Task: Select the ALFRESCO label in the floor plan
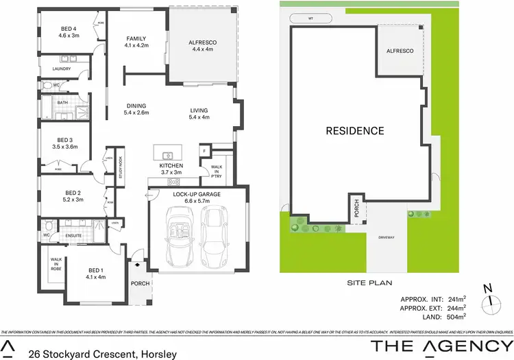(x=204, y=42)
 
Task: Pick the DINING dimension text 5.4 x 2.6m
(x=137, y=112)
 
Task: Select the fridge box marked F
(x=204, y=150)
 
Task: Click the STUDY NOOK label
(x=120, y=168)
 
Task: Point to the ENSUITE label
(x=73, y=235)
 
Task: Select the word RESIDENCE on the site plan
(x=354, y=130)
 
